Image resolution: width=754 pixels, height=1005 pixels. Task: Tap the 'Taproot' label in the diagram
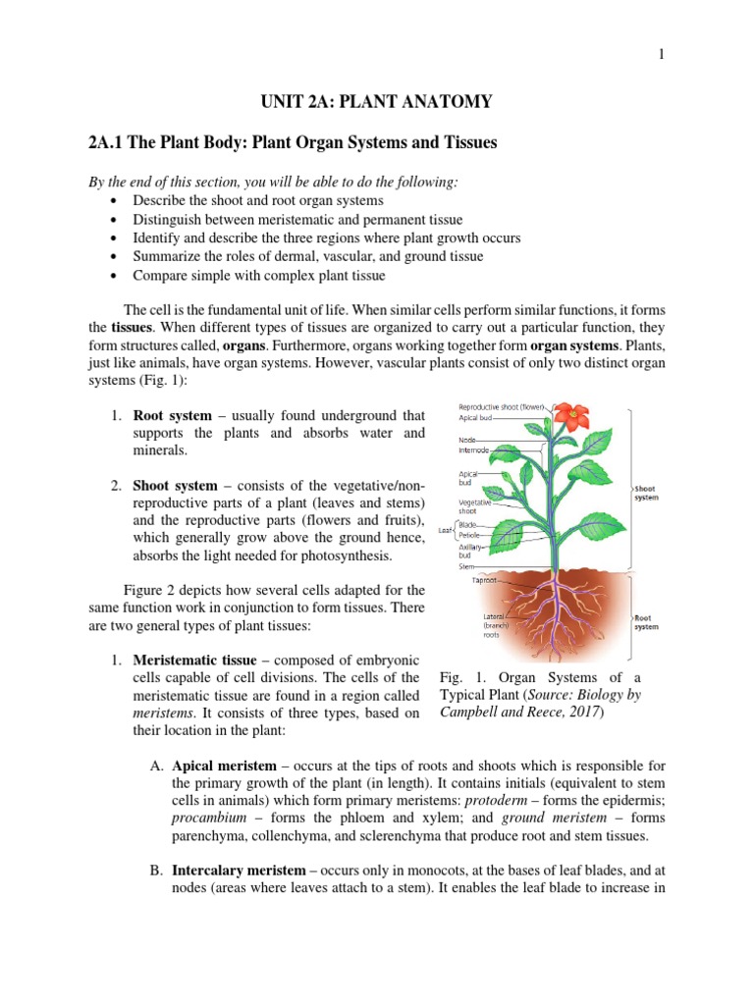(x=481, y=580)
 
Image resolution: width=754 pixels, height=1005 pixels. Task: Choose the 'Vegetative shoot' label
(x=476, y=505)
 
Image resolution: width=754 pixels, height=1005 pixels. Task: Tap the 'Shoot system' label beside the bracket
(x=646, y=493)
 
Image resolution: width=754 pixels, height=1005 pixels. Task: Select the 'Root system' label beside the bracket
(x=646, y=620)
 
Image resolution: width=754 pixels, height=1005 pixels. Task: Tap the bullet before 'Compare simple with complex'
(x=117, y=275)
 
